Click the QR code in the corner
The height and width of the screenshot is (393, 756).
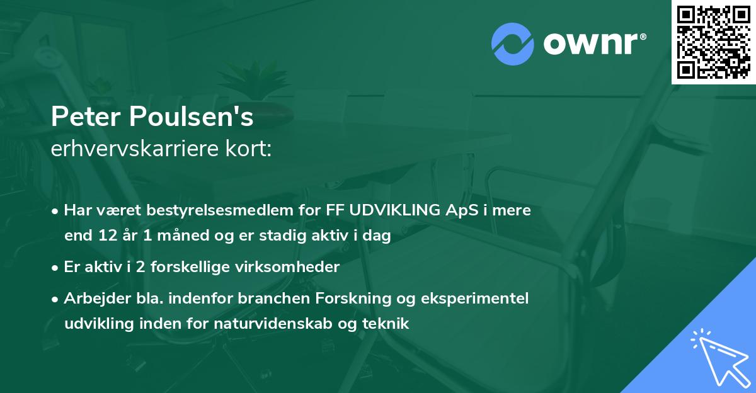pyautogui.click(x=713, y=42)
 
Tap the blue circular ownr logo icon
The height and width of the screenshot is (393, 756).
pyautogui.click(x=513, y=43)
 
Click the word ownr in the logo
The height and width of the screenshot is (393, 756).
pyautogui.click(x=593, y=43)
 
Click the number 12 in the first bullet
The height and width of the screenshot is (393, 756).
pyautogui.click(x=105, y=236)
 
